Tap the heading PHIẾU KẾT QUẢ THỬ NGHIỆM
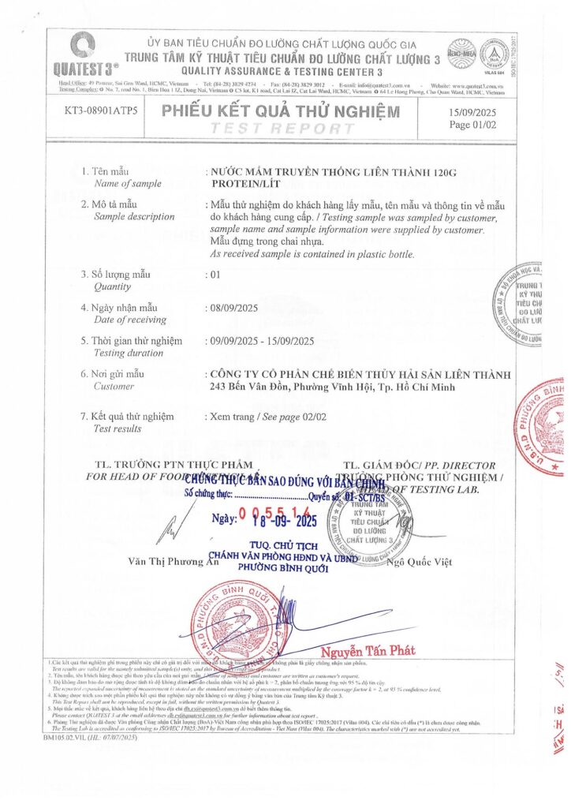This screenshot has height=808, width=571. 281,112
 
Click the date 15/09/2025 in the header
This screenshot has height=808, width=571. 472,113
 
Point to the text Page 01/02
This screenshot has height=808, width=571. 472,125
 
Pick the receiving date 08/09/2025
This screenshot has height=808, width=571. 235,307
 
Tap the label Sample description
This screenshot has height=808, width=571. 134,216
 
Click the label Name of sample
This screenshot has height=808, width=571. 127,183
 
